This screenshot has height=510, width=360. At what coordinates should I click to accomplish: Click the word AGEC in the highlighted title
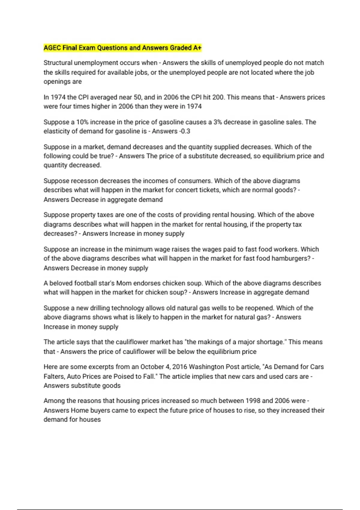[52, 48]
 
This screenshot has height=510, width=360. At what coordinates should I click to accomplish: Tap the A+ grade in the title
[197, 48]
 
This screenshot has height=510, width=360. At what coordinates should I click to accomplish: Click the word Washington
[210, 367]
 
